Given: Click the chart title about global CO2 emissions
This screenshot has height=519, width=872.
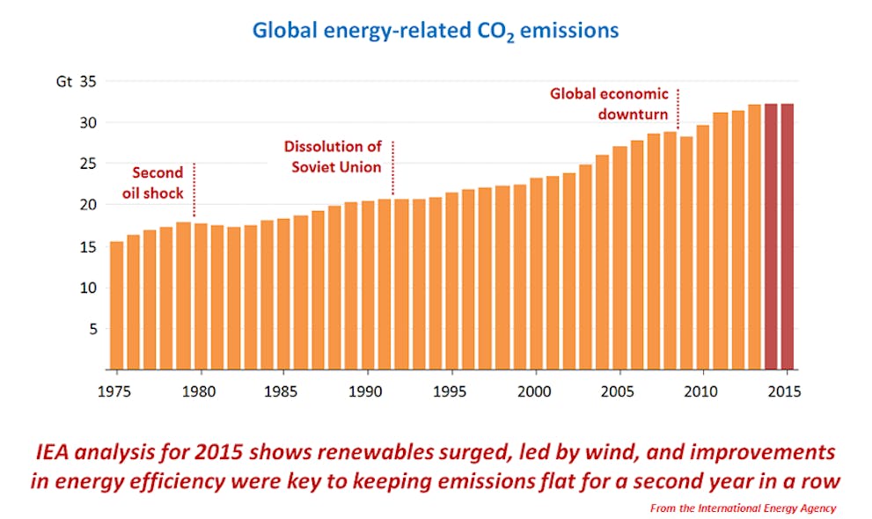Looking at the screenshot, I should (436, 30).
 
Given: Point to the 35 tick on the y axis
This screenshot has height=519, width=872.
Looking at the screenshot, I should (87, 81).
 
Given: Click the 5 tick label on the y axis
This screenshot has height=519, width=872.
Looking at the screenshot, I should (91, 329).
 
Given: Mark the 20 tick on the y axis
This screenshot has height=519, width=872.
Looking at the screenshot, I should (87, 205).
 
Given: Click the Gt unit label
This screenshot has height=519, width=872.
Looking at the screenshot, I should (63, 81).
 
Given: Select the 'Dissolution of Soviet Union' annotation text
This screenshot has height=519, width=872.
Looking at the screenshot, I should (333, 157).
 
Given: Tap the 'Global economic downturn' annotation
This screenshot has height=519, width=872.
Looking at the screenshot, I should (609, 104).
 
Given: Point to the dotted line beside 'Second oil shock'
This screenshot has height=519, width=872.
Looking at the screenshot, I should (194, 189).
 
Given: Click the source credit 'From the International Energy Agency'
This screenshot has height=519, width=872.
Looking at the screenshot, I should (743, 508).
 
